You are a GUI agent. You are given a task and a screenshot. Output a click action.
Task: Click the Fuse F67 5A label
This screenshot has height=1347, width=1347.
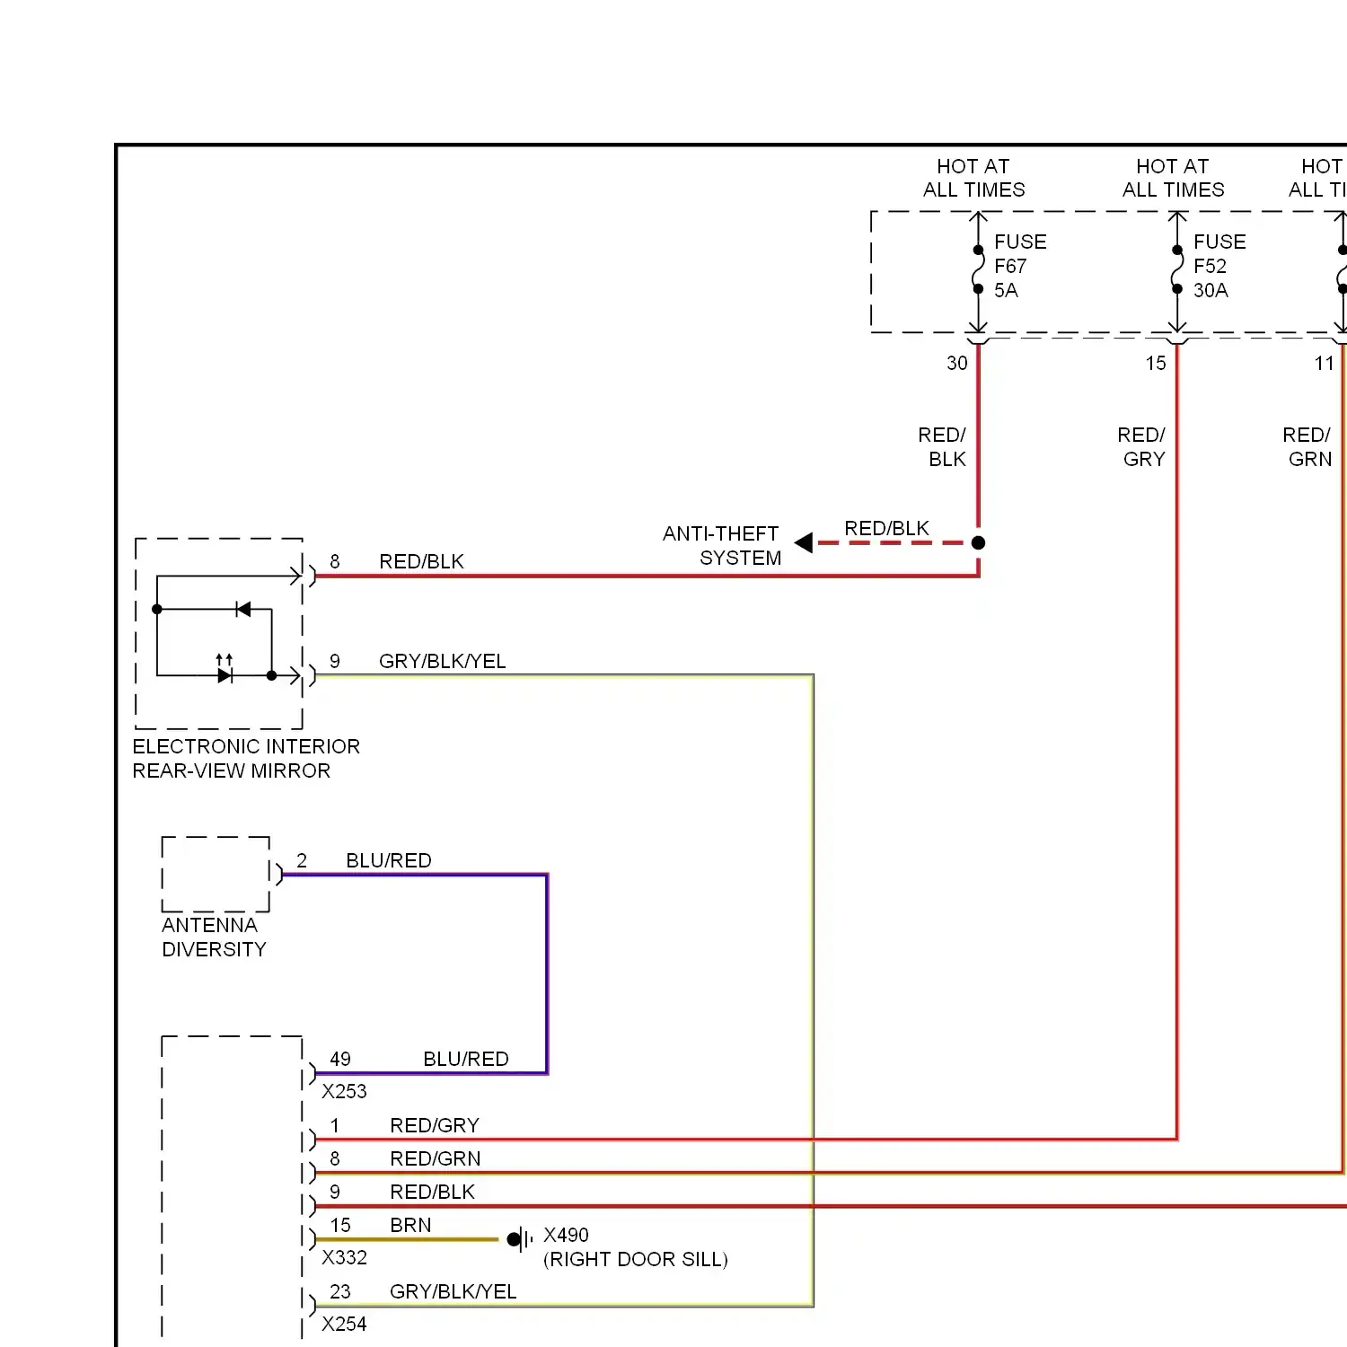pyautogui.click(x=1019, y=266)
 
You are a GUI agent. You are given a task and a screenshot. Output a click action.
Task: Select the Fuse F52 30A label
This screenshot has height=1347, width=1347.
pyautogui.click(x=1219, y=266)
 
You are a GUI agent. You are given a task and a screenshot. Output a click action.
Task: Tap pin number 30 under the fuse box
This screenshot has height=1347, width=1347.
pyautogui.click(x=956, y=364)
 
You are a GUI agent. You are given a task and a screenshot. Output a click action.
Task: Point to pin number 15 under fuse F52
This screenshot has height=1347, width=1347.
pyautogui.click(x=1155, y=364)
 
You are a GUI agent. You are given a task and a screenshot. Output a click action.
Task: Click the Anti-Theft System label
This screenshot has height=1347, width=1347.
pyautogui.click(x=722, y=546)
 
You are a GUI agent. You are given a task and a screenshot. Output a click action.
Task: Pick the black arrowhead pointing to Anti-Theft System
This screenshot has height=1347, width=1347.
pyautogui.click(x=804, y=542)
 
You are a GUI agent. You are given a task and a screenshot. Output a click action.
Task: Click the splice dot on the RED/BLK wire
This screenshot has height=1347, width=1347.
pyautogui.click(x=978, y=542)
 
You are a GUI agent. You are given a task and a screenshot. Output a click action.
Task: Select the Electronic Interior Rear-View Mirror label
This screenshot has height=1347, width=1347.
pyautogui.click(x=245, y=759)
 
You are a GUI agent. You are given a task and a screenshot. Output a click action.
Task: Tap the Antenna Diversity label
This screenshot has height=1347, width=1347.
pyautogui.click(x=214, y=938)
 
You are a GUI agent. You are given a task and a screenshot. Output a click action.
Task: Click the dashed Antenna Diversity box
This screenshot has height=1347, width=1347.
pyautogui.click(x=216, y=874)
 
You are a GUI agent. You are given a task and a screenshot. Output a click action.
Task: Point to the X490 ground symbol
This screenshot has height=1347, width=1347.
pyautogui.click(x=517, y=1240)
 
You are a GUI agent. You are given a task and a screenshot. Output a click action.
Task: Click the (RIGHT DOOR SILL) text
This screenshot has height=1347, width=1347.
pyautogui.click(x=635, y=1260)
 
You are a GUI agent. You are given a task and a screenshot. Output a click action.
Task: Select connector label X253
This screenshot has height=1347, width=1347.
pyautogui.click(x=344, y=1092)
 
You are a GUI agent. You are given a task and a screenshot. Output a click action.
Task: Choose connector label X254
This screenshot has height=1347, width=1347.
pyautogui.click(x=344, y=1325)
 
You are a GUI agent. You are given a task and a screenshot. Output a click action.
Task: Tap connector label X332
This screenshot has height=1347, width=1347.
pyautogui.click(x=344, y=1258)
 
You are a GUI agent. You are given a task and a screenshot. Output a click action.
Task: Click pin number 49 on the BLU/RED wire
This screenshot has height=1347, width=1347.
pyautogui.click(x=339, y=1060)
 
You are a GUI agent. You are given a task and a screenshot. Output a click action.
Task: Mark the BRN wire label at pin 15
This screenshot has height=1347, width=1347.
pyautogui.click(x=410, y=1226)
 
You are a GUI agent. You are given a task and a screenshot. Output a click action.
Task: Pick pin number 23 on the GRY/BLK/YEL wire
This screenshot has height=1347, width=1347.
pyautogui.click(x=339, y=1292)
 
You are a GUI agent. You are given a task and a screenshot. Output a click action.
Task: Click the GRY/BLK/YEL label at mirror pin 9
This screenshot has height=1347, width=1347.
pyautogui.click(x=442, y=662)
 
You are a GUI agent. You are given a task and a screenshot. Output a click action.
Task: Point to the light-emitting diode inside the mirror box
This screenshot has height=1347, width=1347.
pyautogui.click(x=224, y=674)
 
